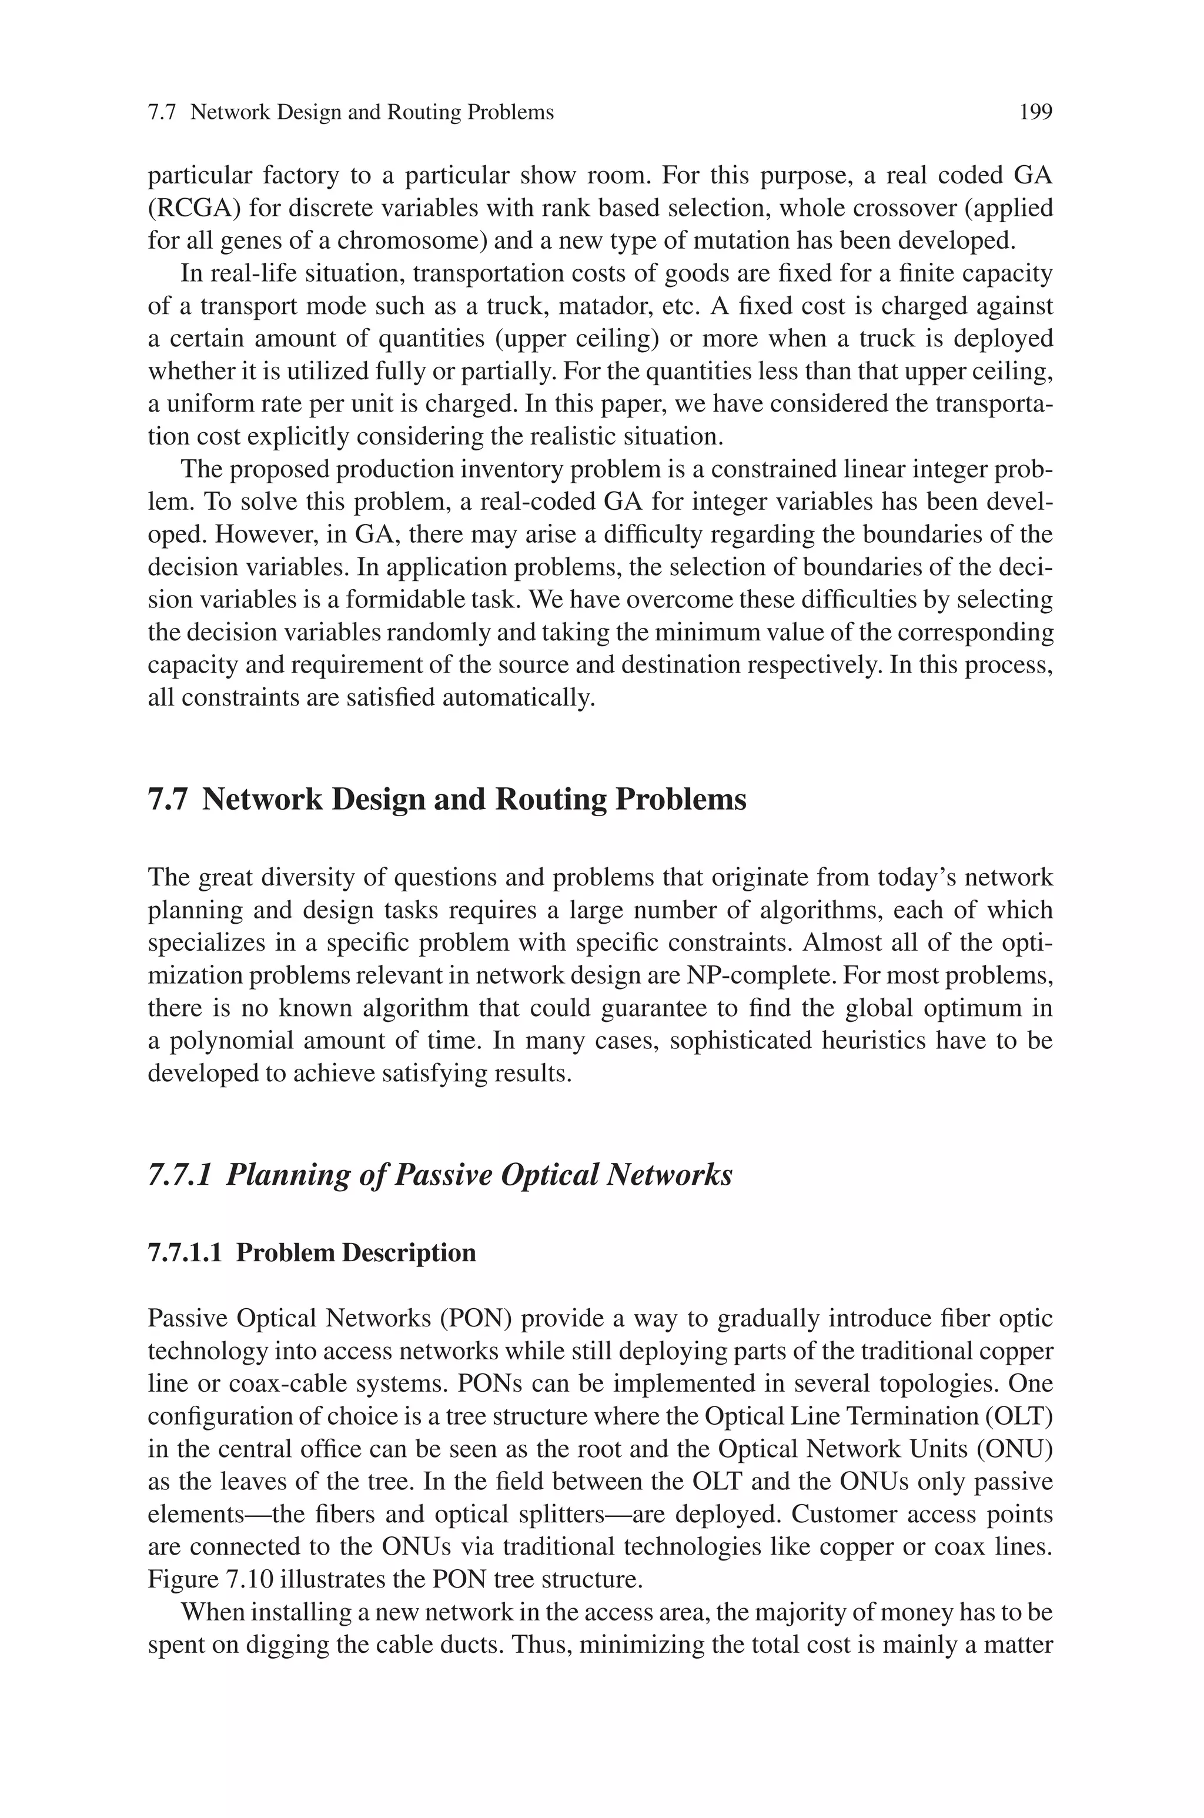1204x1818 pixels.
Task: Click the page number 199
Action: tap(1035, 113)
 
